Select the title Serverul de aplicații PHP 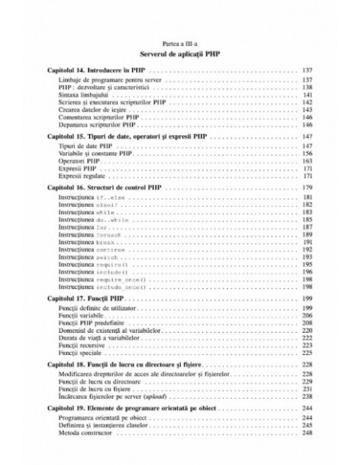(179, 55)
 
